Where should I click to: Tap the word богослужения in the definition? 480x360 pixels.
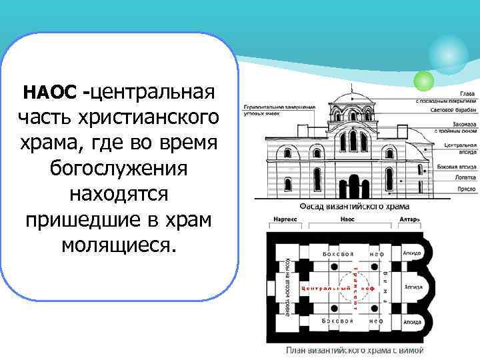pos(118,169)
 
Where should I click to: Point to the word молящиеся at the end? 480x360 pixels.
pos(118,245)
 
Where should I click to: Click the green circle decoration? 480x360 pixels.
pos(423,81)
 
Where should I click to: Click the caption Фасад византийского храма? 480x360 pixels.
pos(339,207)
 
